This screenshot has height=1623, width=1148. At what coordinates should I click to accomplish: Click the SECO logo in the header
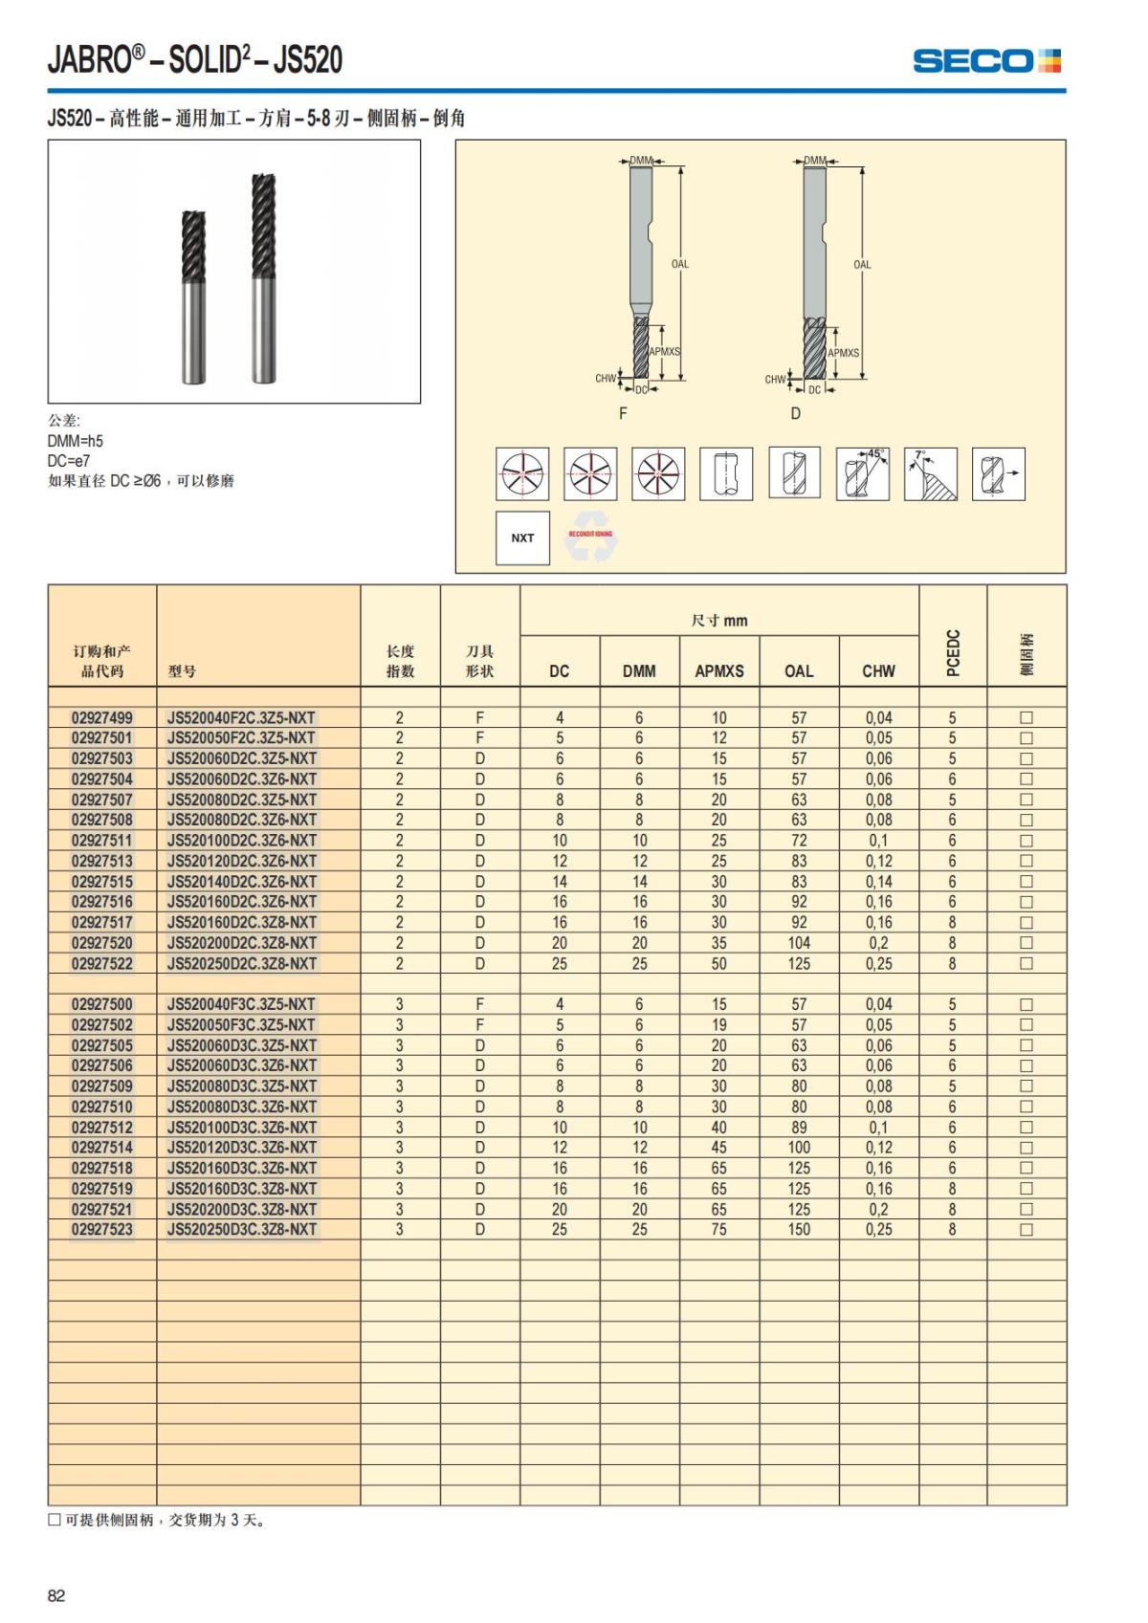[x=986, y=61]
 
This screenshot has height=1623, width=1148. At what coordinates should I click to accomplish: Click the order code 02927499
[x=102, y=717]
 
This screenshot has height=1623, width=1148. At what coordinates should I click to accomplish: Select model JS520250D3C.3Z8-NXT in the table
[x=241, y=1230]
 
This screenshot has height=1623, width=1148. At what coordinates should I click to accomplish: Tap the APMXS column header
[x=718, y=671]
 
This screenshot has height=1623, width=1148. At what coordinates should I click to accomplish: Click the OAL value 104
[x=799, y=943]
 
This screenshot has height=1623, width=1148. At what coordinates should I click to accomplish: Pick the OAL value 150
[x=799, y=1230]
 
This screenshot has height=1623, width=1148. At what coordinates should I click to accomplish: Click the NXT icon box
[x=522, y=538]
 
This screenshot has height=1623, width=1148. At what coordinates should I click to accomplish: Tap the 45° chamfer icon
[x=862, y=473]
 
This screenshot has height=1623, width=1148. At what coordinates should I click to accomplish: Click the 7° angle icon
[x=930, y=473]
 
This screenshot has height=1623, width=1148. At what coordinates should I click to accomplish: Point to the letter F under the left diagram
[x=623, y=414]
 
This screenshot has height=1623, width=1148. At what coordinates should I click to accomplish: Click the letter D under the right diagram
[x=795, y=414]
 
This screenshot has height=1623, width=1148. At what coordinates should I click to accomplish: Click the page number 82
[x=56, y=1595]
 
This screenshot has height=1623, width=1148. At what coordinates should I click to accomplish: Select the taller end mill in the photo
[x=264, y=277]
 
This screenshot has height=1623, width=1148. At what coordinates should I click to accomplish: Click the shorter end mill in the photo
[x=193, y=296]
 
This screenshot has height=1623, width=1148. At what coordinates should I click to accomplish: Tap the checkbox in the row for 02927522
[x=1027, y=964]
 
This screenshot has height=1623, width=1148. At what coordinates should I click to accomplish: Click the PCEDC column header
[x=953, y=652]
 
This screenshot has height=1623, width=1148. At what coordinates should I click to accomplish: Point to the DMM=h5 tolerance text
[x=76, y=441]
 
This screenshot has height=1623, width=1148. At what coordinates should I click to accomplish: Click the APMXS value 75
[x=718, y=1230]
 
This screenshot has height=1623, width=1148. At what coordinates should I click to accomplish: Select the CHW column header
[x=878, y=671]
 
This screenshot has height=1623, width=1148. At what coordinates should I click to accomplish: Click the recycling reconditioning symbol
[x=590, y=540]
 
